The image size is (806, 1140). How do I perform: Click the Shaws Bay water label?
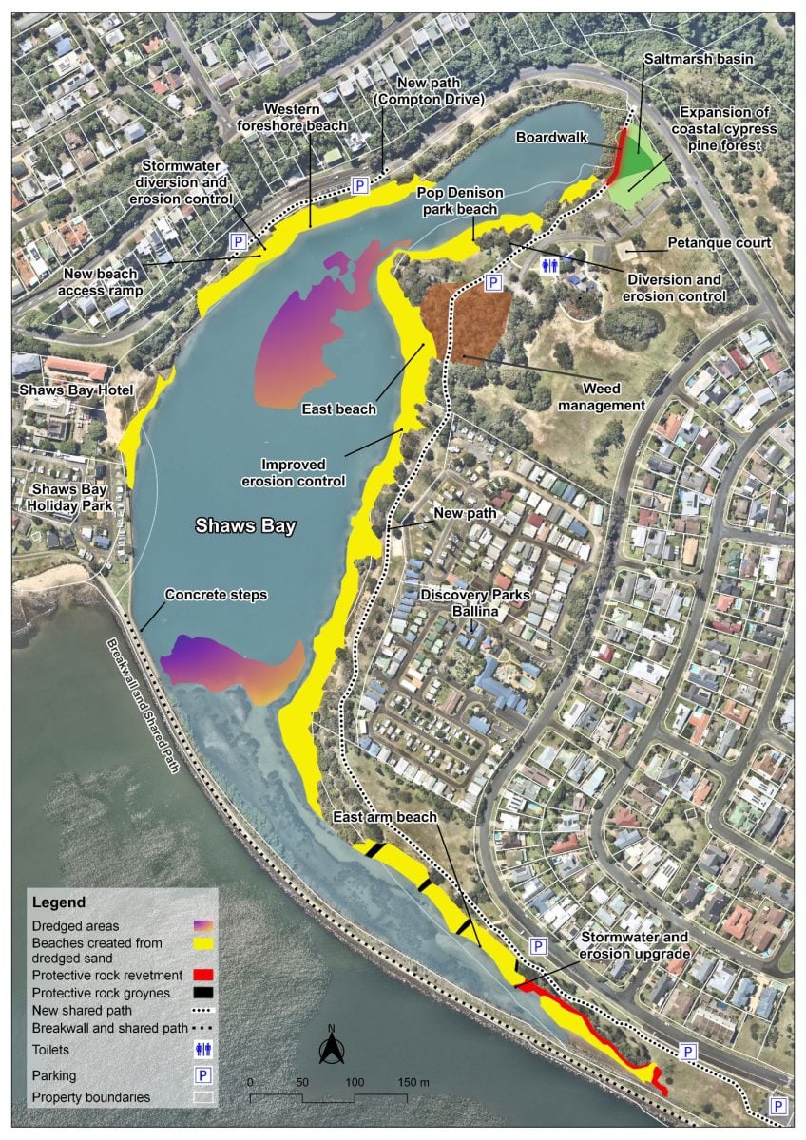(x=246, y=524)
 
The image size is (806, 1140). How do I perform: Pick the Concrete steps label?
(x=216, y=595)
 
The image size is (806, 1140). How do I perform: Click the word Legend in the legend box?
(x=58, y=902)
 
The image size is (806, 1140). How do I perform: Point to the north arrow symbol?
(x=331, y=1048)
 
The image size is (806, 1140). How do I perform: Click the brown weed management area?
(x=467, y=321)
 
